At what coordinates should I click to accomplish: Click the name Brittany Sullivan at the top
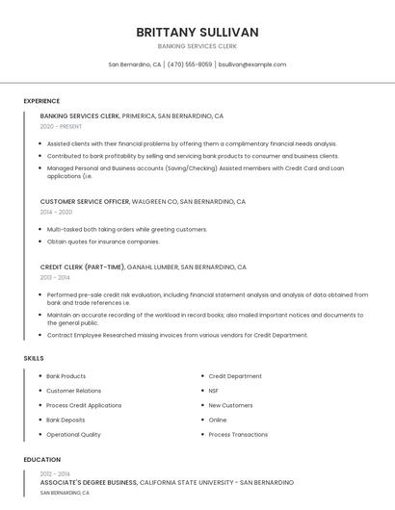point(197,32)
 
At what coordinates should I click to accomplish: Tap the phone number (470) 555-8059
point(190,64)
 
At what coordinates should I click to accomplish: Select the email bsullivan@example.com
point(252,64)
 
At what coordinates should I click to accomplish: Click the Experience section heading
point(41,101)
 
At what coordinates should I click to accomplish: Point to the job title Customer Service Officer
point(85,202)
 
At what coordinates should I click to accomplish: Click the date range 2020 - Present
point(62,126)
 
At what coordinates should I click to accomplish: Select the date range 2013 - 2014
point(55,277)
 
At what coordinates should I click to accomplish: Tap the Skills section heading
point(34,358)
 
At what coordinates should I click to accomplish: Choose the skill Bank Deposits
point(66,420)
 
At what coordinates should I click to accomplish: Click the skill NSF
point(214,391)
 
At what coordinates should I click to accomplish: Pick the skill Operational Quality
point(73,434)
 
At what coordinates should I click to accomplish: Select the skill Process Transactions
point(238,434)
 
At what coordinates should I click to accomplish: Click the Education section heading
point(42,460)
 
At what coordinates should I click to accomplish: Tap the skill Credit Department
point(235,376)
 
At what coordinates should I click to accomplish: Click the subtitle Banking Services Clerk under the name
point(197,46)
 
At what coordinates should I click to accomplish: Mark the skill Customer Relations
point(73,391)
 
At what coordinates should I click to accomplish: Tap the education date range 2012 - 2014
point(55,473)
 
